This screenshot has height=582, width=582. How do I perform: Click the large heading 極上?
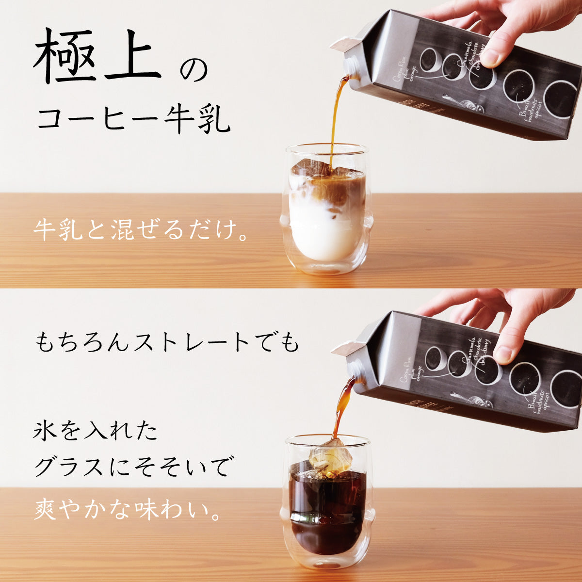(x=97, y=57)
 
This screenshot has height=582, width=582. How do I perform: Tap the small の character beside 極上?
(x=194, y=71)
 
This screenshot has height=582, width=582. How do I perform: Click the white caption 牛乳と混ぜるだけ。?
(x=141, y=229)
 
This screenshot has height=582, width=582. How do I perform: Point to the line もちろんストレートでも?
(x=167, y=343)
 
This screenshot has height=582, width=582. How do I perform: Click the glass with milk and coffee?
(x=326, y=209)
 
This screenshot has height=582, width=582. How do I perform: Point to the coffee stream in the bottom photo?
(x=340, y=407)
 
